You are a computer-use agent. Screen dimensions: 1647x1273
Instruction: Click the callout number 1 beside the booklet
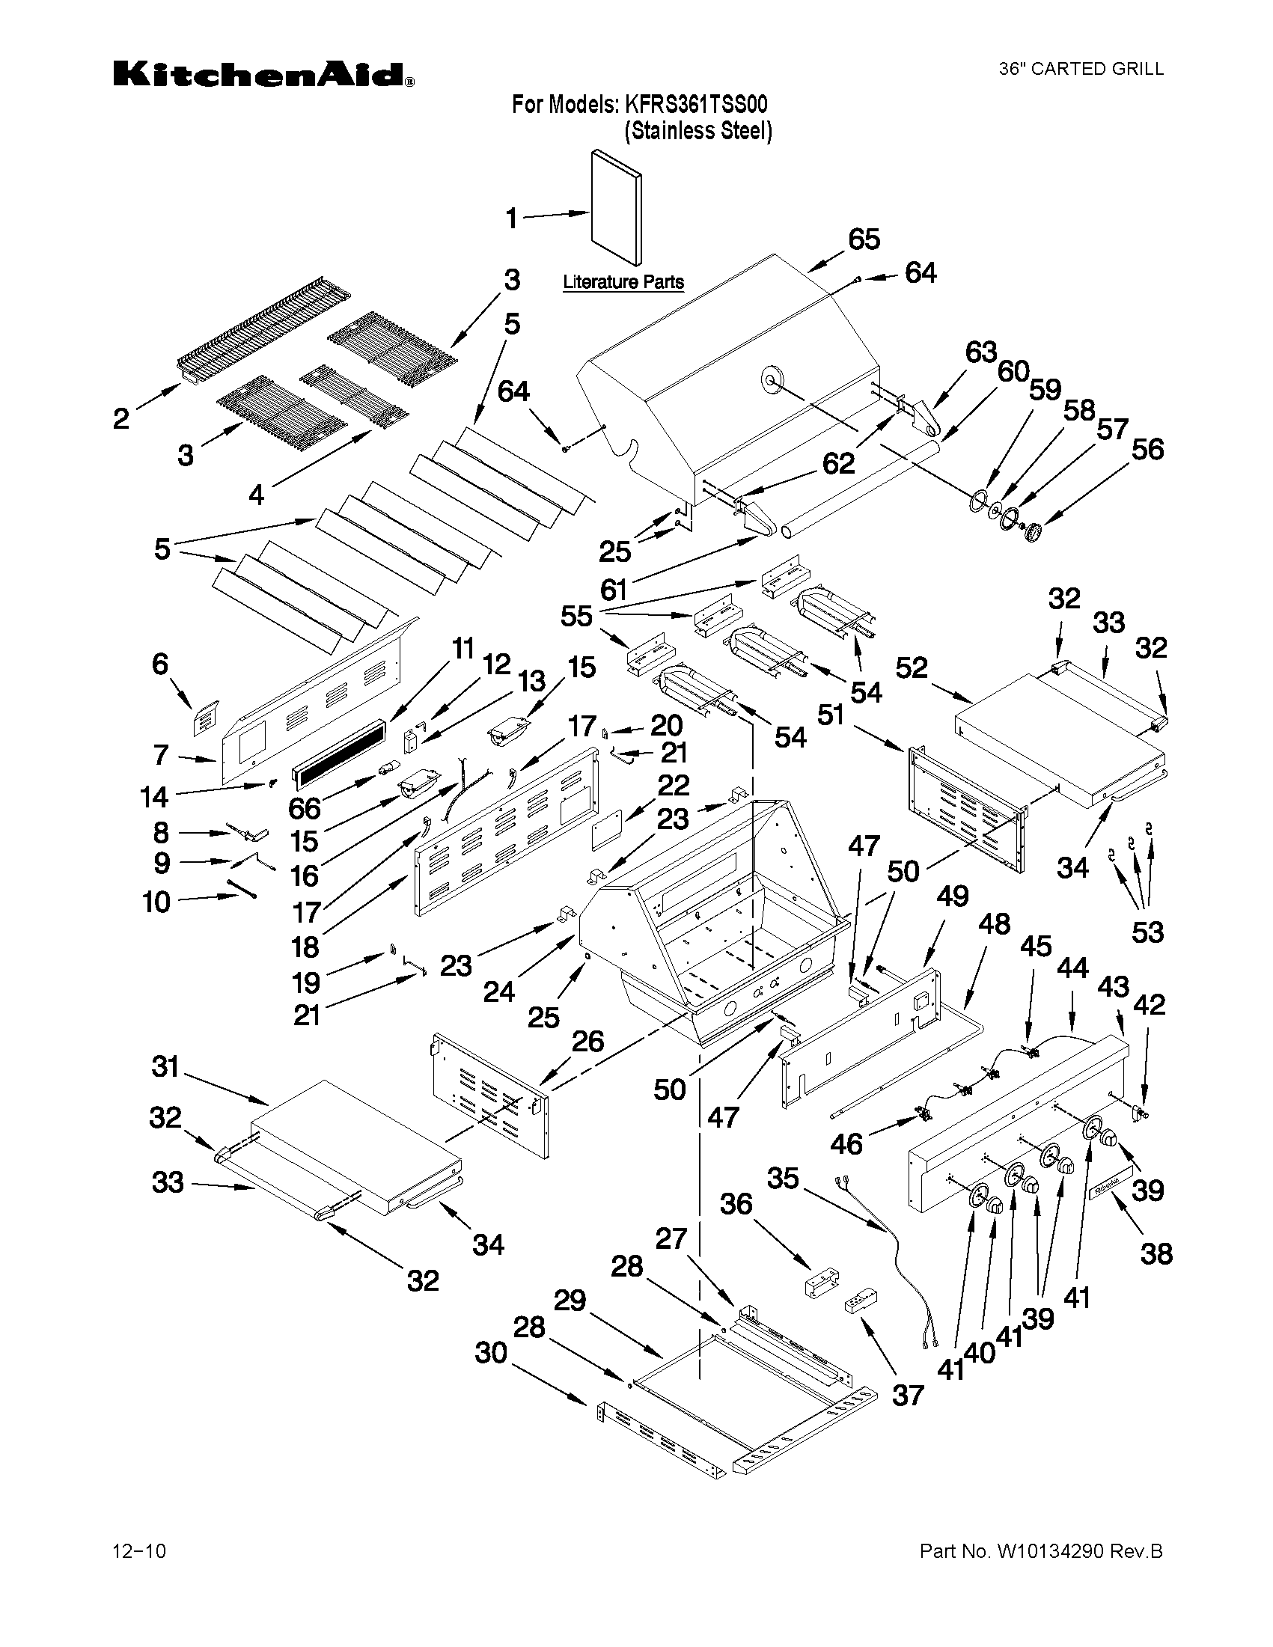coord(511,219)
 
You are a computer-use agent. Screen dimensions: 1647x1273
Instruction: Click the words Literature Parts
coord(623,282)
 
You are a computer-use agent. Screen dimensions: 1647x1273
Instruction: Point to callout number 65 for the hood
coord(864,239)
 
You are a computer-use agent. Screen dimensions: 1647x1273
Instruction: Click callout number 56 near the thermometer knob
coord(1147,450)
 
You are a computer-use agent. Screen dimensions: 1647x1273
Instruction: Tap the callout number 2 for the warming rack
coord(121,418)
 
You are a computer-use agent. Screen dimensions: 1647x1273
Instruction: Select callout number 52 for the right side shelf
coord(912,667)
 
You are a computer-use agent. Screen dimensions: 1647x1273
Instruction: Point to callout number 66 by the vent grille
coord(304,808)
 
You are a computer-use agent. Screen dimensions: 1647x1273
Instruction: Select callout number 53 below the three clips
coord(1147,932)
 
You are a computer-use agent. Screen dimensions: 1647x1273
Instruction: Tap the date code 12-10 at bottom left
coord(138,1550)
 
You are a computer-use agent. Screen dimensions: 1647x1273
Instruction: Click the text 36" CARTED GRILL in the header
coord(1081,70)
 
